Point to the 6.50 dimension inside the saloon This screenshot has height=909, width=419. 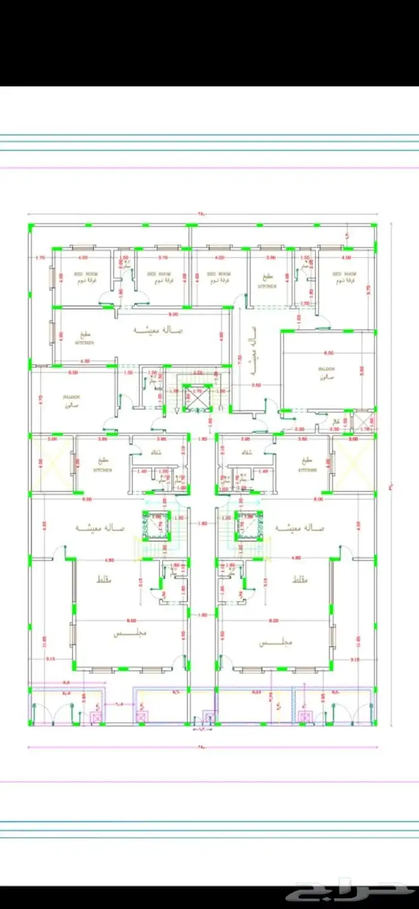(327, 353)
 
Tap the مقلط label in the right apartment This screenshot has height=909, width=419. (299, 581)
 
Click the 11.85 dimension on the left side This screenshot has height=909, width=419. (44, 639)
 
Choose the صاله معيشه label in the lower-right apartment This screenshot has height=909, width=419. (300, 528)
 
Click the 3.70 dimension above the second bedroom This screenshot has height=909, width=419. (163, 257)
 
